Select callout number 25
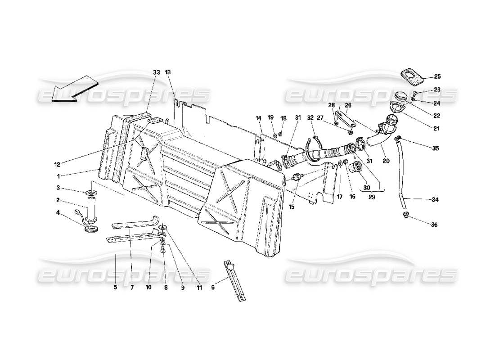[437, 76]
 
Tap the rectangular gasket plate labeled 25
[412, 76]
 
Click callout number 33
[156, 72]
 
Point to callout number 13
[168, 72]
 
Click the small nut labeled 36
[406, 215]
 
